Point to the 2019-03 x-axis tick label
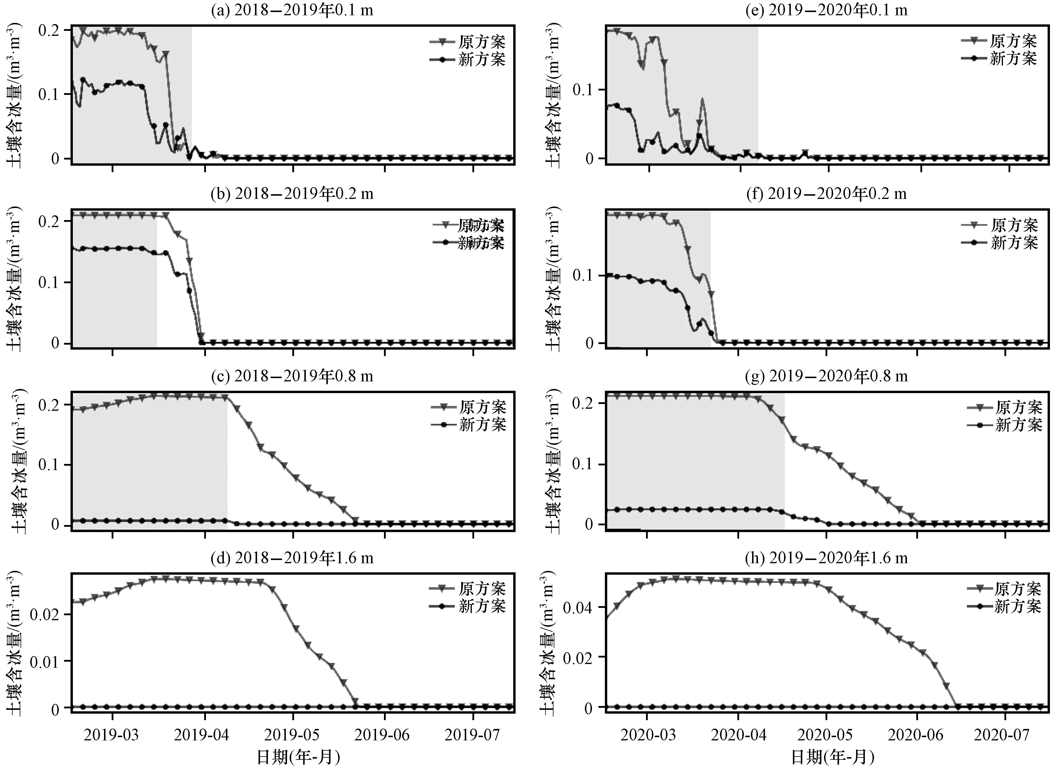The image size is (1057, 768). [112, 735]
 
